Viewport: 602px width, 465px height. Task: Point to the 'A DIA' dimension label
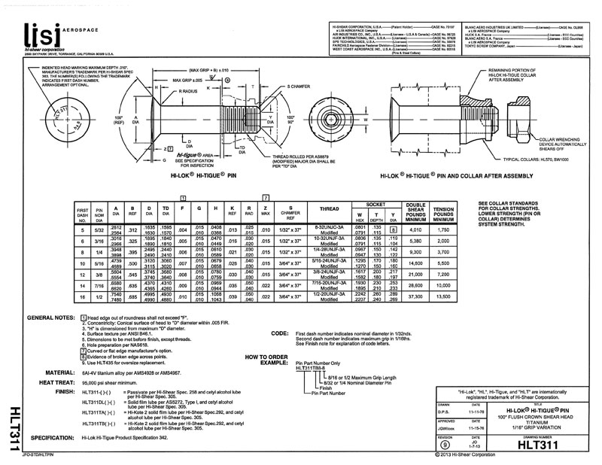coord(135,120)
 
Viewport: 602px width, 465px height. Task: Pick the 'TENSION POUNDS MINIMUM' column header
coord(443,211)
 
